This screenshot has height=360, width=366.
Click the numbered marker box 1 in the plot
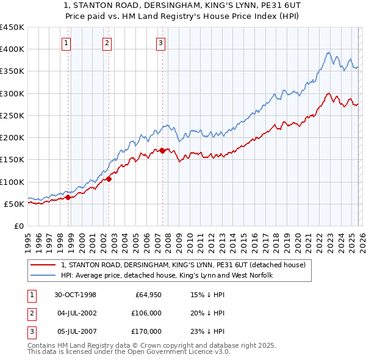[66, 43]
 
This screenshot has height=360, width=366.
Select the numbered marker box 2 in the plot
[107, 43]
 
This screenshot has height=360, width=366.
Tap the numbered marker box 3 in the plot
[160, 43]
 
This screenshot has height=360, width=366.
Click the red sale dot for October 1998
[68, 197]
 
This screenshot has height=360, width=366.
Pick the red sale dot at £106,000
[109, 179]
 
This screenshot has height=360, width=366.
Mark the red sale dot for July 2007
[162, 151]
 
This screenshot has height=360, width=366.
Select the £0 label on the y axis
[18, 226]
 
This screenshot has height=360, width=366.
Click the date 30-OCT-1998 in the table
[75, 295]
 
